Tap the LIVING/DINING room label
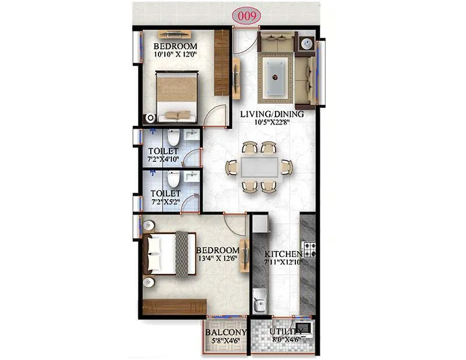point(272,114)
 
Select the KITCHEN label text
point(283,255)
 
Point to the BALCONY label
point(226,333)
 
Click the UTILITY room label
point(285,332)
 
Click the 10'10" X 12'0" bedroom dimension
point(175,55)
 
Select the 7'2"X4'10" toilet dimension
point(163,160)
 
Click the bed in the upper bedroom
point(176,97)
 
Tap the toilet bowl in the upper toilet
point(173,138)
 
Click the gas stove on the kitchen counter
point(309,250)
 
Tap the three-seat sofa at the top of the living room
point(276,43)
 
